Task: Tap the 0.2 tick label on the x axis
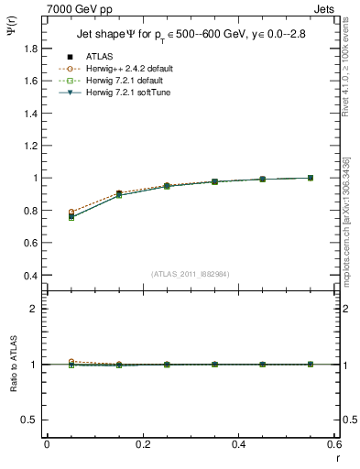(x=142, y=444)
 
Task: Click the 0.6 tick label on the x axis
(x=333, y=444)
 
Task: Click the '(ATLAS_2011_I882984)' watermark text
(x=190, y=274)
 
